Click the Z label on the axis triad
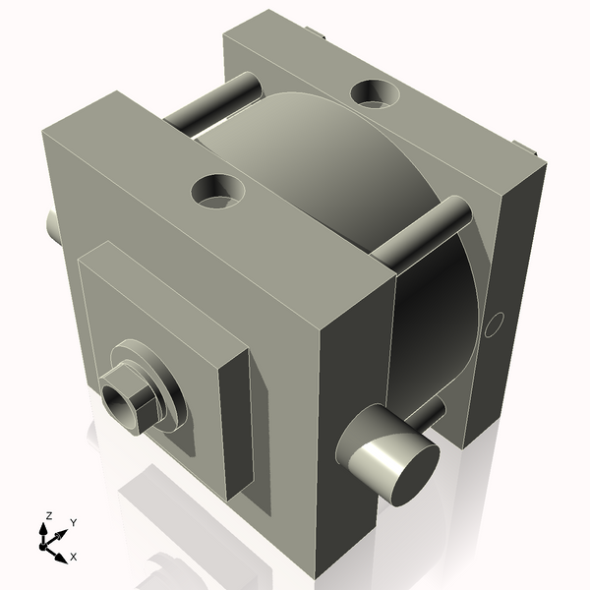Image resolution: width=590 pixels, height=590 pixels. pos(48,515)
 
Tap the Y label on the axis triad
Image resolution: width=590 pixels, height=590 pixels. pos(73,522)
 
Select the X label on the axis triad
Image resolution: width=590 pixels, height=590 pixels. pos(74,556)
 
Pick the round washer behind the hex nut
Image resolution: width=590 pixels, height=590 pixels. pos(162,393)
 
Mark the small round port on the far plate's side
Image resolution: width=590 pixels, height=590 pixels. pos(496,322)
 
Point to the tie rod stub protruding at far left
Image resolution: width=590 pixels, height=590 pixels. pos(52,227)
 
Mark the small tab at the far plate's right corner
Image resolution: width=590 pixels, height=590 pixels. pos(532,151)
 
